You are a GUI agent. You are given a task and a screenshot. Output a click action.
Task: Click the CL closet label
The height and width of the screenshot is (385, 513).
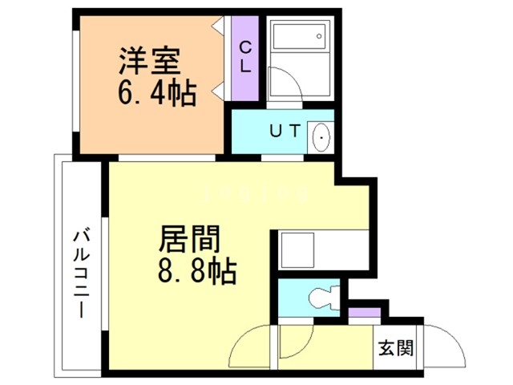click(245, 56)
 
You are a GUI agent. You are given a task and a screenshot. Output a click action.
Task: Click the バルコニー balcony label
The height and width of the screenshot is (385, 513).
click(81, 272)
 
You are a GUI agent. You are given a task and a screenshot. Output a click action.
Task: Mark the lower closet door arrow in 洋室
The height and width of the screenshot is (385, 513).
click(218, 91)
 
